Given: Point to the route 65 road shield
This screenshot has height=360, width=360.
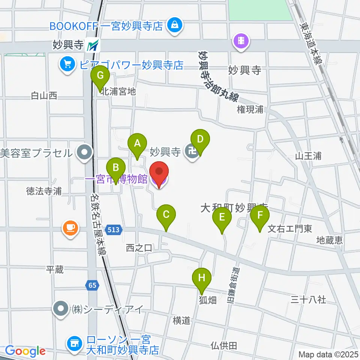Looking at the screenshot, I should [x=93, y=285].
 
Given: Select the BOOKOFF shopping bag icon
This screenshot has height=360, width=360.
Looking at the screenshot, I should [x=175, y=26].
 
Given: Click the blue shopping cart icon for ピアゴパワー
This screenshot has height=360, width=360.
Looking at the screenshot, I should [x=67, y=64].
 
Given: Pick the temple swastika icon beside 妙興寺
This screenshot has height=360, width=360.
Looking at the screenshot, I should [x=192, y=152].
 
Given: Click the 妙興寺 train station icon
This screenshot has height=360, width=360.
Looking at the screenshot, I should [x=93, y=46].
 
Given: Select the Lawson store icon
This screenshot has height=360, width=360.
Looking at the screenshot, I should [x=74, y=342].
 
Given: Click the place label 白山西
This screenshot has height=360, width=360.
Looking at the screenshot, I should [x=44, y=96].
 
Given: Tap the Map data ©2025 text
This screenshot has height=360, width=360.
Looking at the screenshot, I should [x=328, y=354].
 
